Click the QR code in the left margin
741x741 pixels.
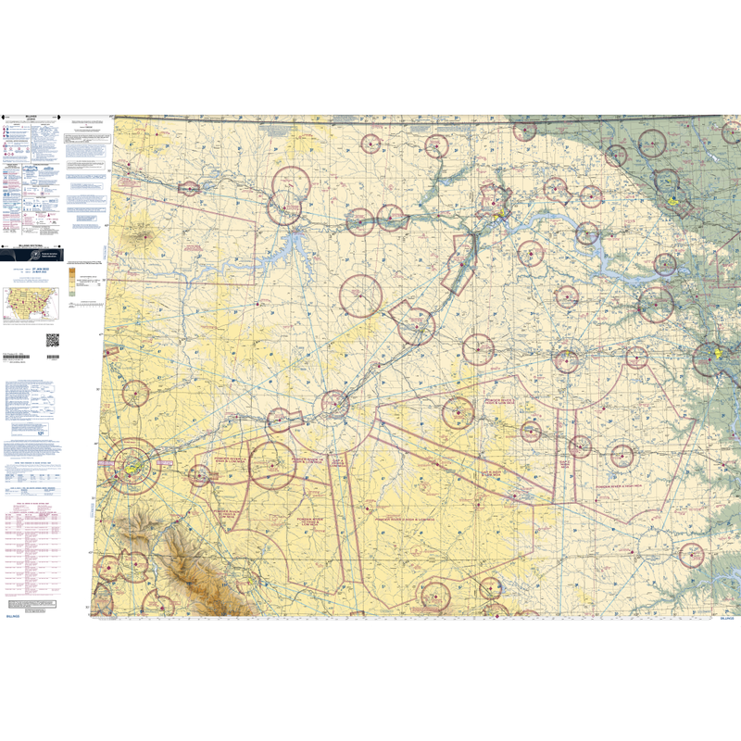tap(52, 340)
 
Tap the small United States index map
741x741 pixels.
tap(31, 303)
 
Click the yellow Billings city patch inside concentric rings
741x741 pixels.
tap(133, 468)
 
